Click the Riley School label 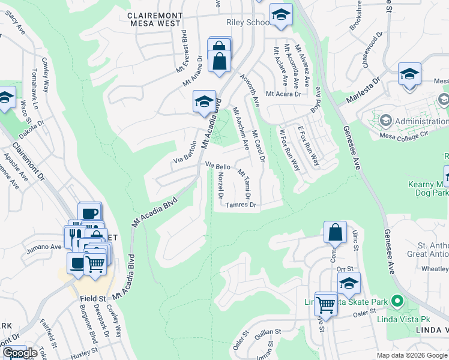pyautogui.click(x=248, y=23)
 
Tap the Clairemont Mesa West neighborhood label pyautogui.click(x=154, y=18)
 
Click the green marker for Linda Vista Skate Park pyautogui.click(x=396, y=301)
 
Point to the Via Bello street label pyautogui.click(x=218, y=165)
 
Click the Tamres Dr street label pyautogui.click(x=241, y=205)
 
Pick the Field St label pyautogui.click(x=92, y=298)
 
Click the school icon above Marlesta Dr pyautogui.click(x=409, y=74)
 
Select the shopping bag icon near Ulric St pyautogui.click(x=335, y=233)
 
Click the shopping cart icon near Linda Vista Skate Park pyautogui.click(x=326, y=303)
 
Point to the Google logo pyautogui.click(x=20, y=353)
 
